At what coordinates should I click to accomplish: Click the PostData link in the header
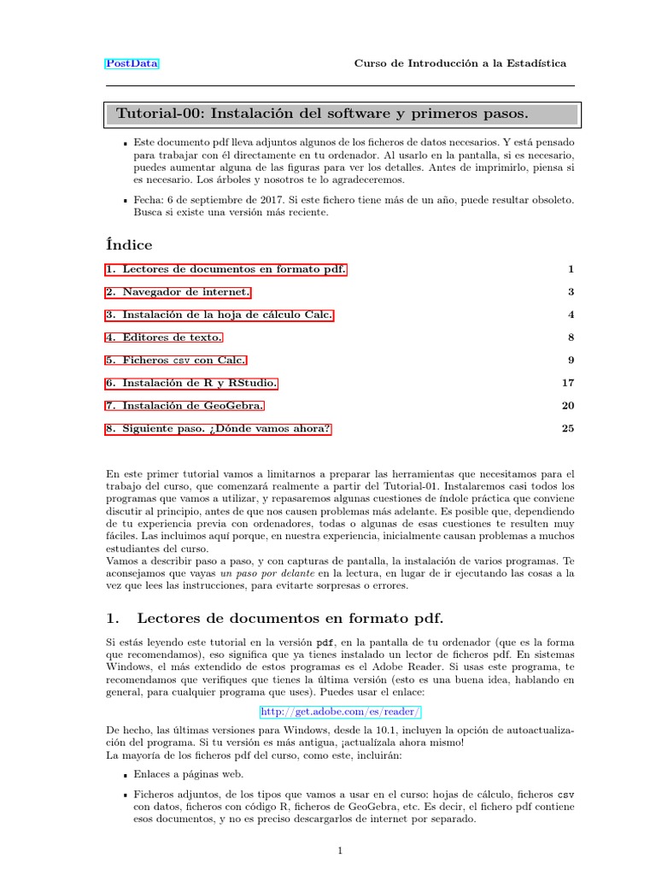click(132, 63)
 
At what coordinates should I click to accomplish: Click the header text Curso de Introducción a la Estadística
click(460, 63)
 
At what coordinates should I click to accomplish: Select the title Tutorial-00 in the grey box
click(321, 114)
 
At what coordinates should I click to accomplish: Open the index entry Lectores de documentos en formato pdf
click(226, 269)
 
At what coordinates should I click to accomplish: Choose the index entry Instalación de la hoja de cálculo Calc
click(219, 314)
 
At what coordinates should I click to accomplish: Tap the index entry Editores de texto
click(164, 338)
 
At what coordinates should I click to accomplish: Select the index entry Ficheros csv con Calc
click(176, 361)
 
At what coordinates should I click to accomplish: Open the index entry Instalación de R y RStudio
click(191, 383)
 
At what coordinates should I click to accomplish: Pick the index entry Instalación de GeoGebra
click(185, 406)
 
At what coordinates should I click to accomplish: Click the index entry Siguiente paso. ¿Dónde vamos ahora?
click(218, 429)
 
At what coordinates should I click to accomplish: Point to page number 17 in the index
click(568, 383)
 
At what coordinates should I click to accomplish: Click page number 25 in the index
click(568, 429)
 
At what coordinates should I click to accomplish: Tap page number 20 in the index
click(568, 406)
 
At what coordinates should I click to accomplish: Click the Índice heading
click(129, 245)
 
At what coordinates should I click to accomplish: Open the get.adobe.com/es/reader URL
click(340, 711)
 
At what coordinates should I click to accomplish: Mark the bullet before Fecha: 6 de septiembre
click(125, 201)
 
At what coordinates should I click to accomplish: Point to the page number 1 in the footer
click(340, 850)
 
